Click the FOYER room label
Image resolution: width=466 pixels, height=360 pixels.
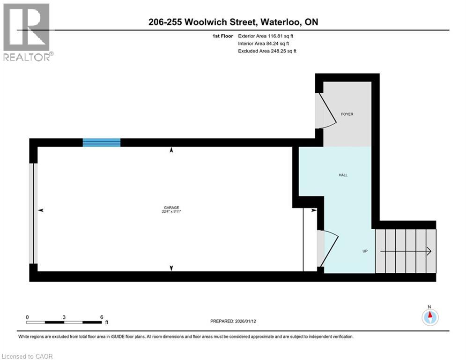point(347,114)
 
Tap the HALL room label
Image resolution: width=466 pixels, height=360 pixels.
point(343,175)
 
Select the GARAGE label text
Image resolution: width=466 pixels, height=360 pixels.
point(171,208)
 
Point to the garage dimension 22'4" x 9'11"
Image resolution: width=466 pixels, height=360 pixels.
point(171,212)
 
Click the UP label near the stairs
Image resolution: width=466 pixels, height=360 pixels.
point(364,251)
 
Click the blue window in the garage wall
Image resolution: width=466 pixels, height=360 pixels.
point(102,142)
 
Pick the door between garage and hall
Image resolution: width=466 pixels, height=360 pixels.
point(328,249)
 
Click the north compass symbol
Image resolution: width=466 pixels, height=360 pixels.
point(429,317)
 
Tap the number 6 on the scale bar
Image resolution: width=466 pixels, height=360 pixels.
point(102,317)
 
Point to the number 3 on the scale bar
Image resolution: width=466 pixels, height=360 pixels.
point(64,317)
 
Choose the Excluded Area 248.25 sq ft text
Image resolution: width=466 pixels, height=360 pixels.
point(267,51)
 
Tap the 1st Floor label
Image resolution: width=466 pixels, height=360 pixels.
point(222,36)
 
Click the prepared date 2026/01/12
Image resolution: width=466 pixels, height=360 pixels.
point(253,321)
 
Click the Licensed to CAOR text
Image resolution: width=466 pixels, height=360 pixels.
point(28,356)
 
